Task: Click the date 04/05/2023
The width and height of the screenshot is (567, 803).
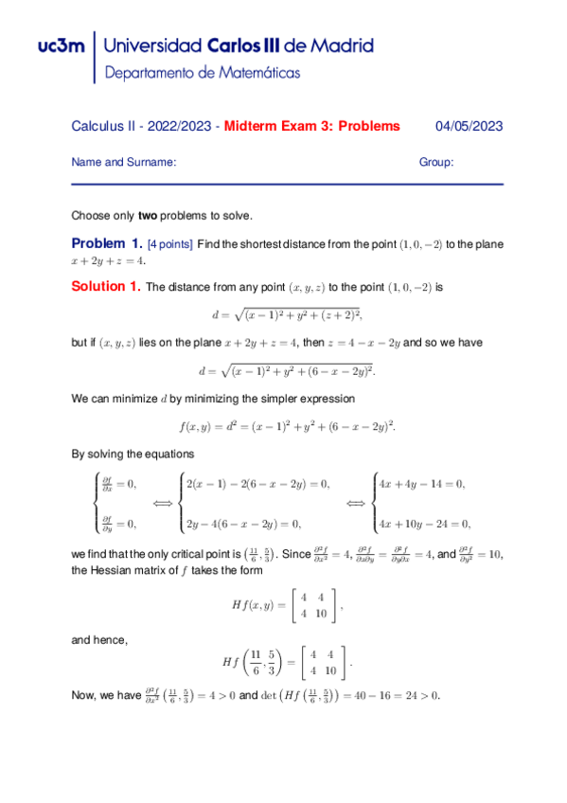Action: click(x=469, y=126)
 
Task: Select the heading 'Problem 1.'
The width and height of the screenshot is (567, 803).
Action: click(x=108, y=243)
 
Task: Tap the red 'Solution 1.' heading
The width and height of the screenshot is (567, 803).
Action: click(x=106, y=286)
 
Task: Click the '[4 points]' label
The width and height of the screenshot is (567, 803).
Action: click(x=170, y=244)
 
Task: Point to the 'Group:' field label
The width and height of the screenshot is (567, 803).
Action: click(x=436, y=162)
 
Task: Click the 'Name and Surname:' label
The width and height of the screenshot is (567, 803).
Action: click(x=124, y=162)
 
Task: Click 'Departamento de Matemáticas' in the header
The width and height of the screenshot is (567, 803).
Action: click(x=203, y=72)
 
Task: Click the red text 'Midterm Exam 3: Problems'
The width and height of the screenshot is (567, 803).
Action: click(x=312, y=126)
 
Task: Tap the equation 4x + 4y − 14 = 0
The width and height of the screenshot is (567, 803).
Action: click(x=422, y=484)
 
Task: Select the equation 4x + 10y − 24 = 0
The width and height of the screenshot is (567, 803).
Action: click(x=425, y=523)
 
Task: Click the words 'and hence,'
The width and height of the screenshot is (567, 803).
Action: click(x=99, y=640)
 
